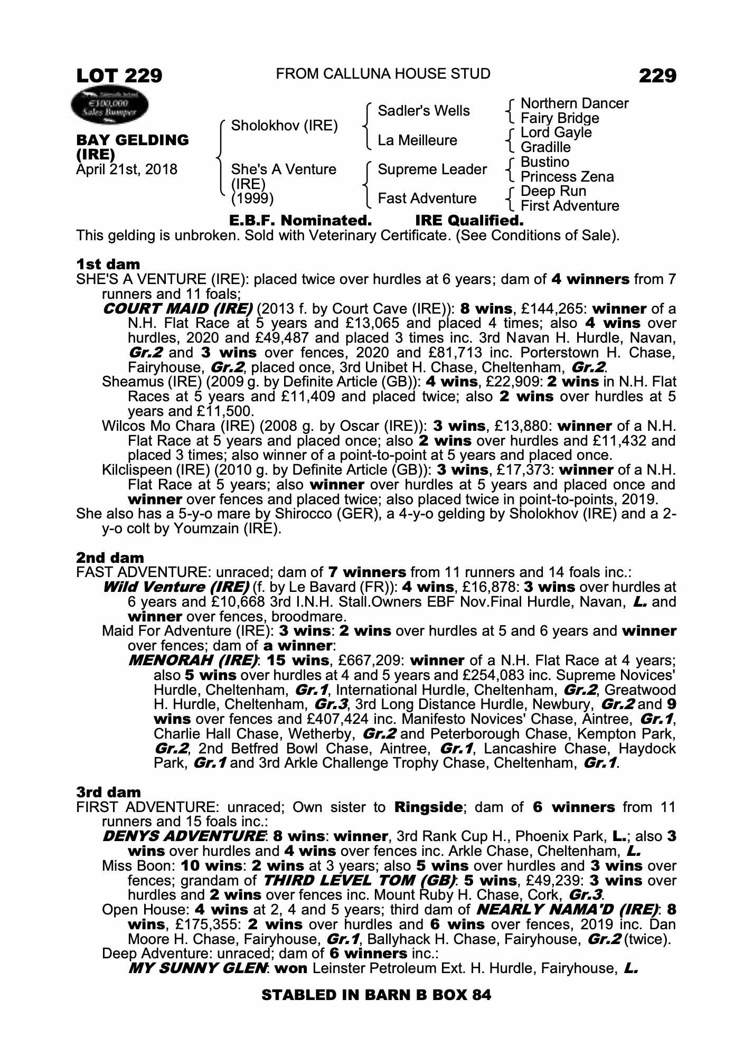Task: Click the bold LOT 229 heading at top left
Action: [x=119, y=76]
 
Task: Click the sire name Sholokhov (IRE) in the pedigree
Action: [x=285, y=126]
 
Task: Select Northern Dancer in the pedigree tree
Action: [x=575, y=103]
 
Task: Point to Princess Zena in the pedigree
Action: [x=567, y=176]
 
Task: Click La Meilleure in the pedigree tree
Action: [x=417, y=140]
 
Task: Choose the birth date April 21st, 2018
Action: [x=127, y=169]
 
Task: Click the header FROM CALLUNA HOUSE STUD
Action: [x=383, y=74]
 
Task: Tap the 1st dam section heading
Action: [x=108, y=264]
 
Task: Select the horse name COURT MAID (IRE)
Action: [x=177, y=308]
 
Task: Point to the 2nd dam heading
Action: [x=110, y=558]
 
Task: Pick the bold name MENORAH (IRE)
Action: [x=193, y=661]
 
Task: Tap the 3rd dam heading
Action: [x=109, y=792]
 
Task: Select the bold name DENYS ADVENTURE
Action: [x=185, y=836]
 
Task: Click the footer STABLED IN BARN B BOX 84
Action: [x=376, y=995]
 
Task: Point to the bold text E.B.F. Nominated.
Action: [x=300, y=220]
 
